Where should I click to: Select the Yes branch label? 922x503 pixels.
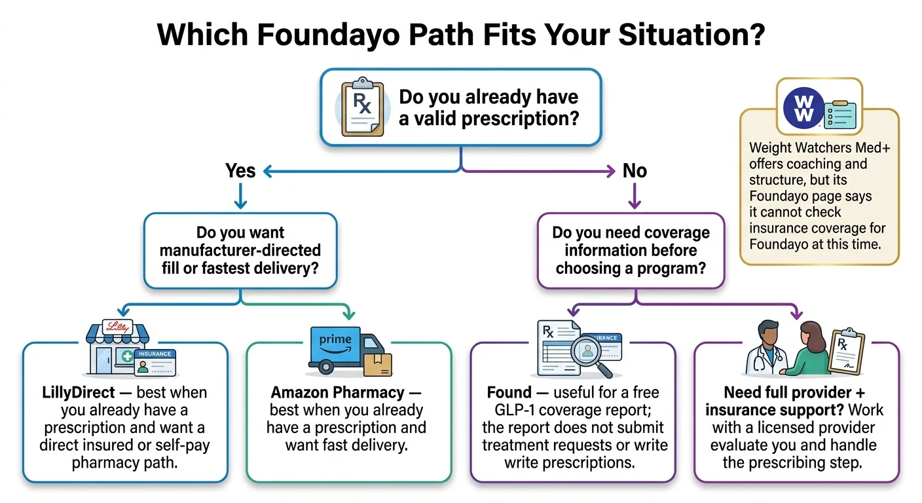click(240, 171)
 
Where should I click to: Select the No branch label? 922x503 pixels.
click(635, 171)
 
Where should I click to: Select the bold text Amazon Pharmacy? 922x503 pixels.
click(338, 393)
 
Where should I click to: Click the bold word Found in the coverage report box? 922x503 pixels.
click(509, 393)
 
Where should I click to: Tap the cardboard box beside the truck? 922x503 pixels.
click(377, 364)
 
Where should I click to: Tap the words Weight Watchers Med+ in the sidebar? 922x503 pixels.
click(819, 149)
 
